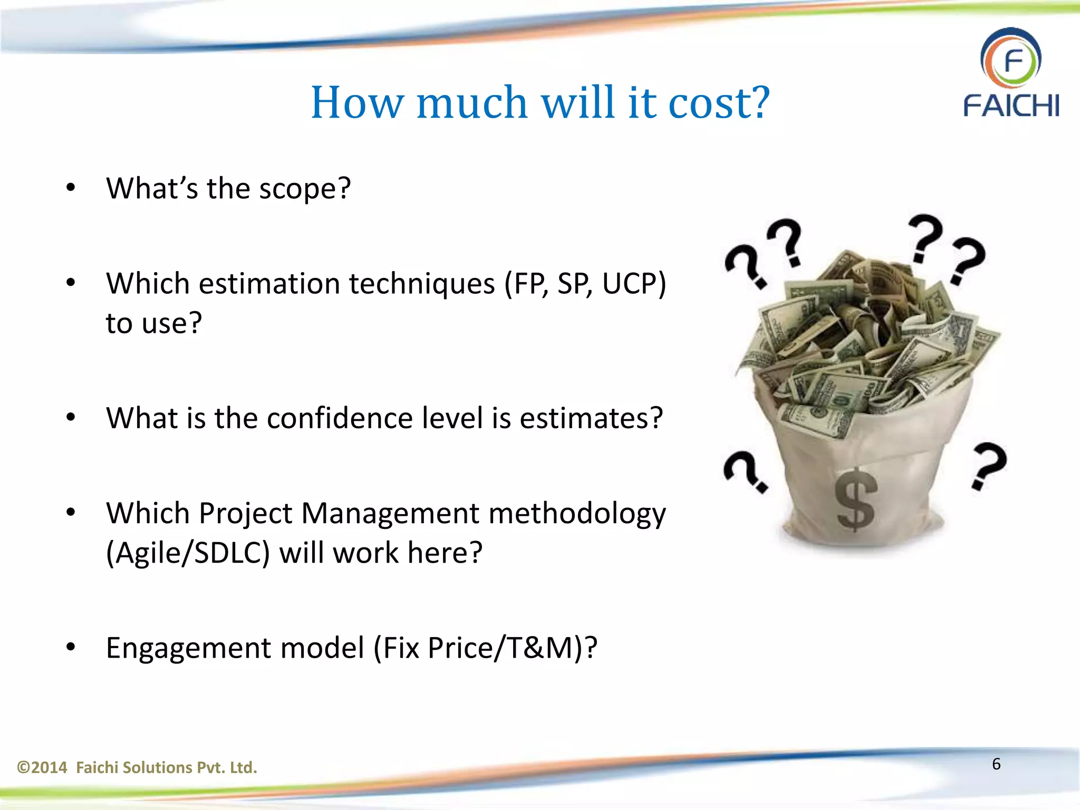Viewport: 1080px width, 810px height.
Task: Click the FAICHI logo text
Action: (1011, 105)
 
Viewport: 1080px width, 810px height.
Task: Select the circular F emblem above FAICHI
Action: (1011, 59)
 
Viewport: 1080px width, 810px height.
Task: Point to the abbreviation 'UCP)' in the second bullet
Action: (634, 284)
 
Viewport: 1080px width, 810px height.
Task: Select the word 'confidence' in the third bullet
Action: (340, 418)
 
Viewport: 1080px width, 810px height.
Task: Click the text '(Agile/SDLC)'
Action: (188, 553)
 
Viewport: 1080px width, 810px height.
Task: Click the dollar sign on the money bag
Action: (855, 499)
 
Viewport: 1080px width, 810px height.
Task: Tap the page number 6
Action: (996, 764)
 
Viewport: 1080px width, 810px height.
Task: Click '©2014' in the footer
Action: (42, 767)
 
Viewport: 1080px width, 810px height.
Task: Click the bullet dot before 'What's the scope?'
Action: (71, 188)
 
